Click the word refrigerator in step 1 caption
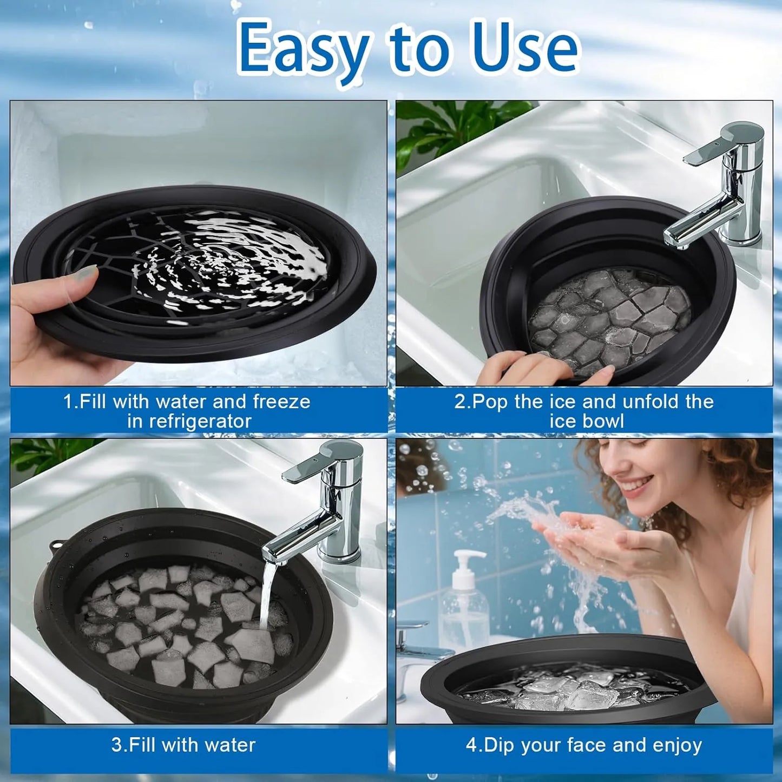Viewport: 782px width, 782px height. [189, 422]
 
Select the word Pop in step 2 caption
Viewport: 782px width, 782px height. [491, 402]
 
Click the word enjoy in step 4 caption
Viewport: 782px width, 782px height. [677, 746]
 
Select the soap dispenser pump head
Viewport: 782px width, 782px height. [468, 557]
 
